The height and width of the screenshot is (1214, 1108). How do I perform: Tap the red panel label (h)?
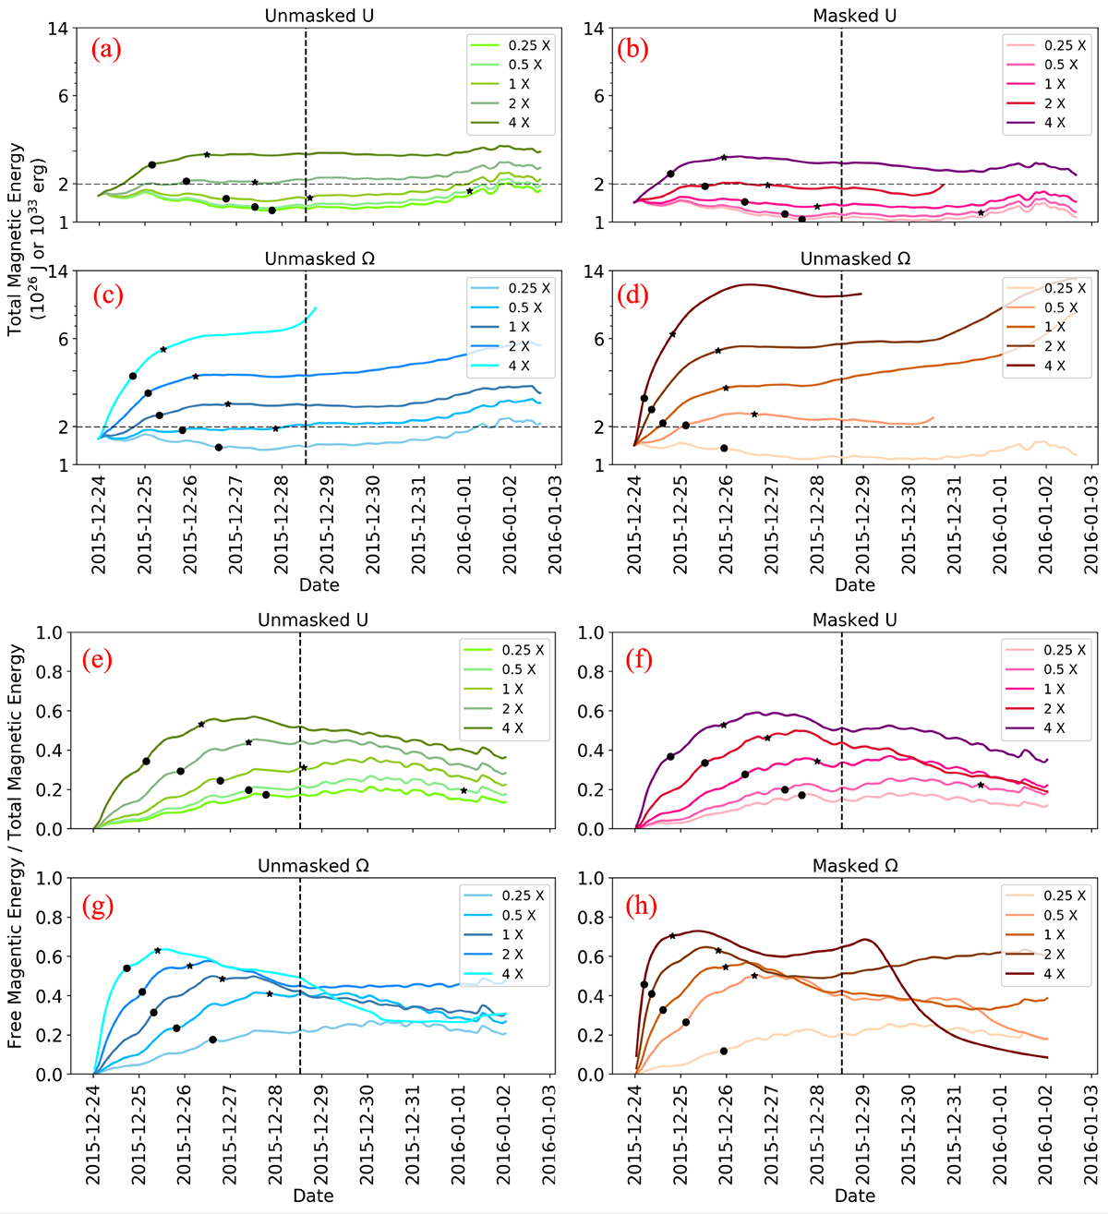click(641, 906)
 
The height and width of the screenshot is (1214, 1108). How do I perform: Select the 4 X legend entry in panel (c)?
click(518, 367)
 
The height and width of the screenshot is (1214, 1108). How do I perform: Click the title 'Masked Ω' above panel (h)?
click(854, 866)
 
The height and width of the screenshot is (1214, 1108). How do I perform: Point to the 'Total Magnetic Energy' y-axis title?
click(27, 240)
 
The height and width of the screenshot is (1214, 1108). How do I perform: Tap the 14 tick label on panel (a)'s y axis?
click(57, 29)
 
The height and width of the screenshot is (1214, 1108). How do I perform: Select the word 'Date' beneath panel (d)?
click(854, 584)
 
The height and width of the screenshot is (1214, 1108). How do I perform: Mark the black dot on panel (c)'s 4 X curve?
click(133, 376)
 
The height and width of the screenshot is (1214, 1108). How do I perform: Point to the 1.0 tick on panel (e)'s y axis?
click(50, 633)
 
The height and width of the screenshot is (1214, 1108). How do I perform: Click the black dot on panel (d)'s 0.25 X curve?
click(724, 448)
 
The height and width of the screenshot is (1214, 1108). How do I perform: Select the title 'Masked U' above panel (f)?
click(854, 620)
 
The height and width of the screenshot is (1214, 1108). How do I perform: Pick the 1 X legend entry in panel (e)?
click(512, 689)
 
